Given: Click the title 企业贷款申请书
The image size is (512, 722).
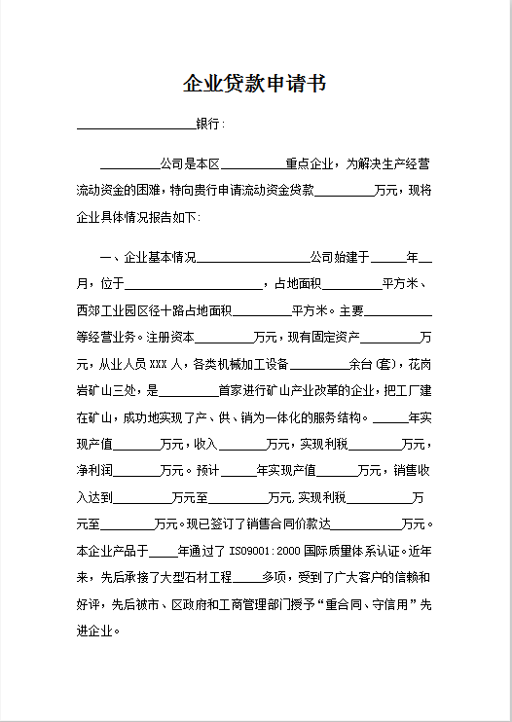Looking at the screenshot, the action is (x=255, y=84).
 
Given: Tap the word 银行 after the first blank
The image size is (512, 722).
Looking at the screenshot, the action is (x=209, y=125).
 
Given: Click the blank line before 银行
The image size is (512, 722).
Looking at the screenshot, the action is (x=135, y=126).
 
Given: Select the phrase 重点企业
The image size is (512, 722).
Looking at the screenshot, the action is (x=310, y=164).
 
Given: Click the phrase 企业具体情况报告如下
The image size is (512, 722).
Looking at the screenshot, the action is (x=136, y=216).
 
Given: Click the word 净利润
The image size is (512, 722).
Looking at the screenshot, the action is (x=94, y=471).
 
